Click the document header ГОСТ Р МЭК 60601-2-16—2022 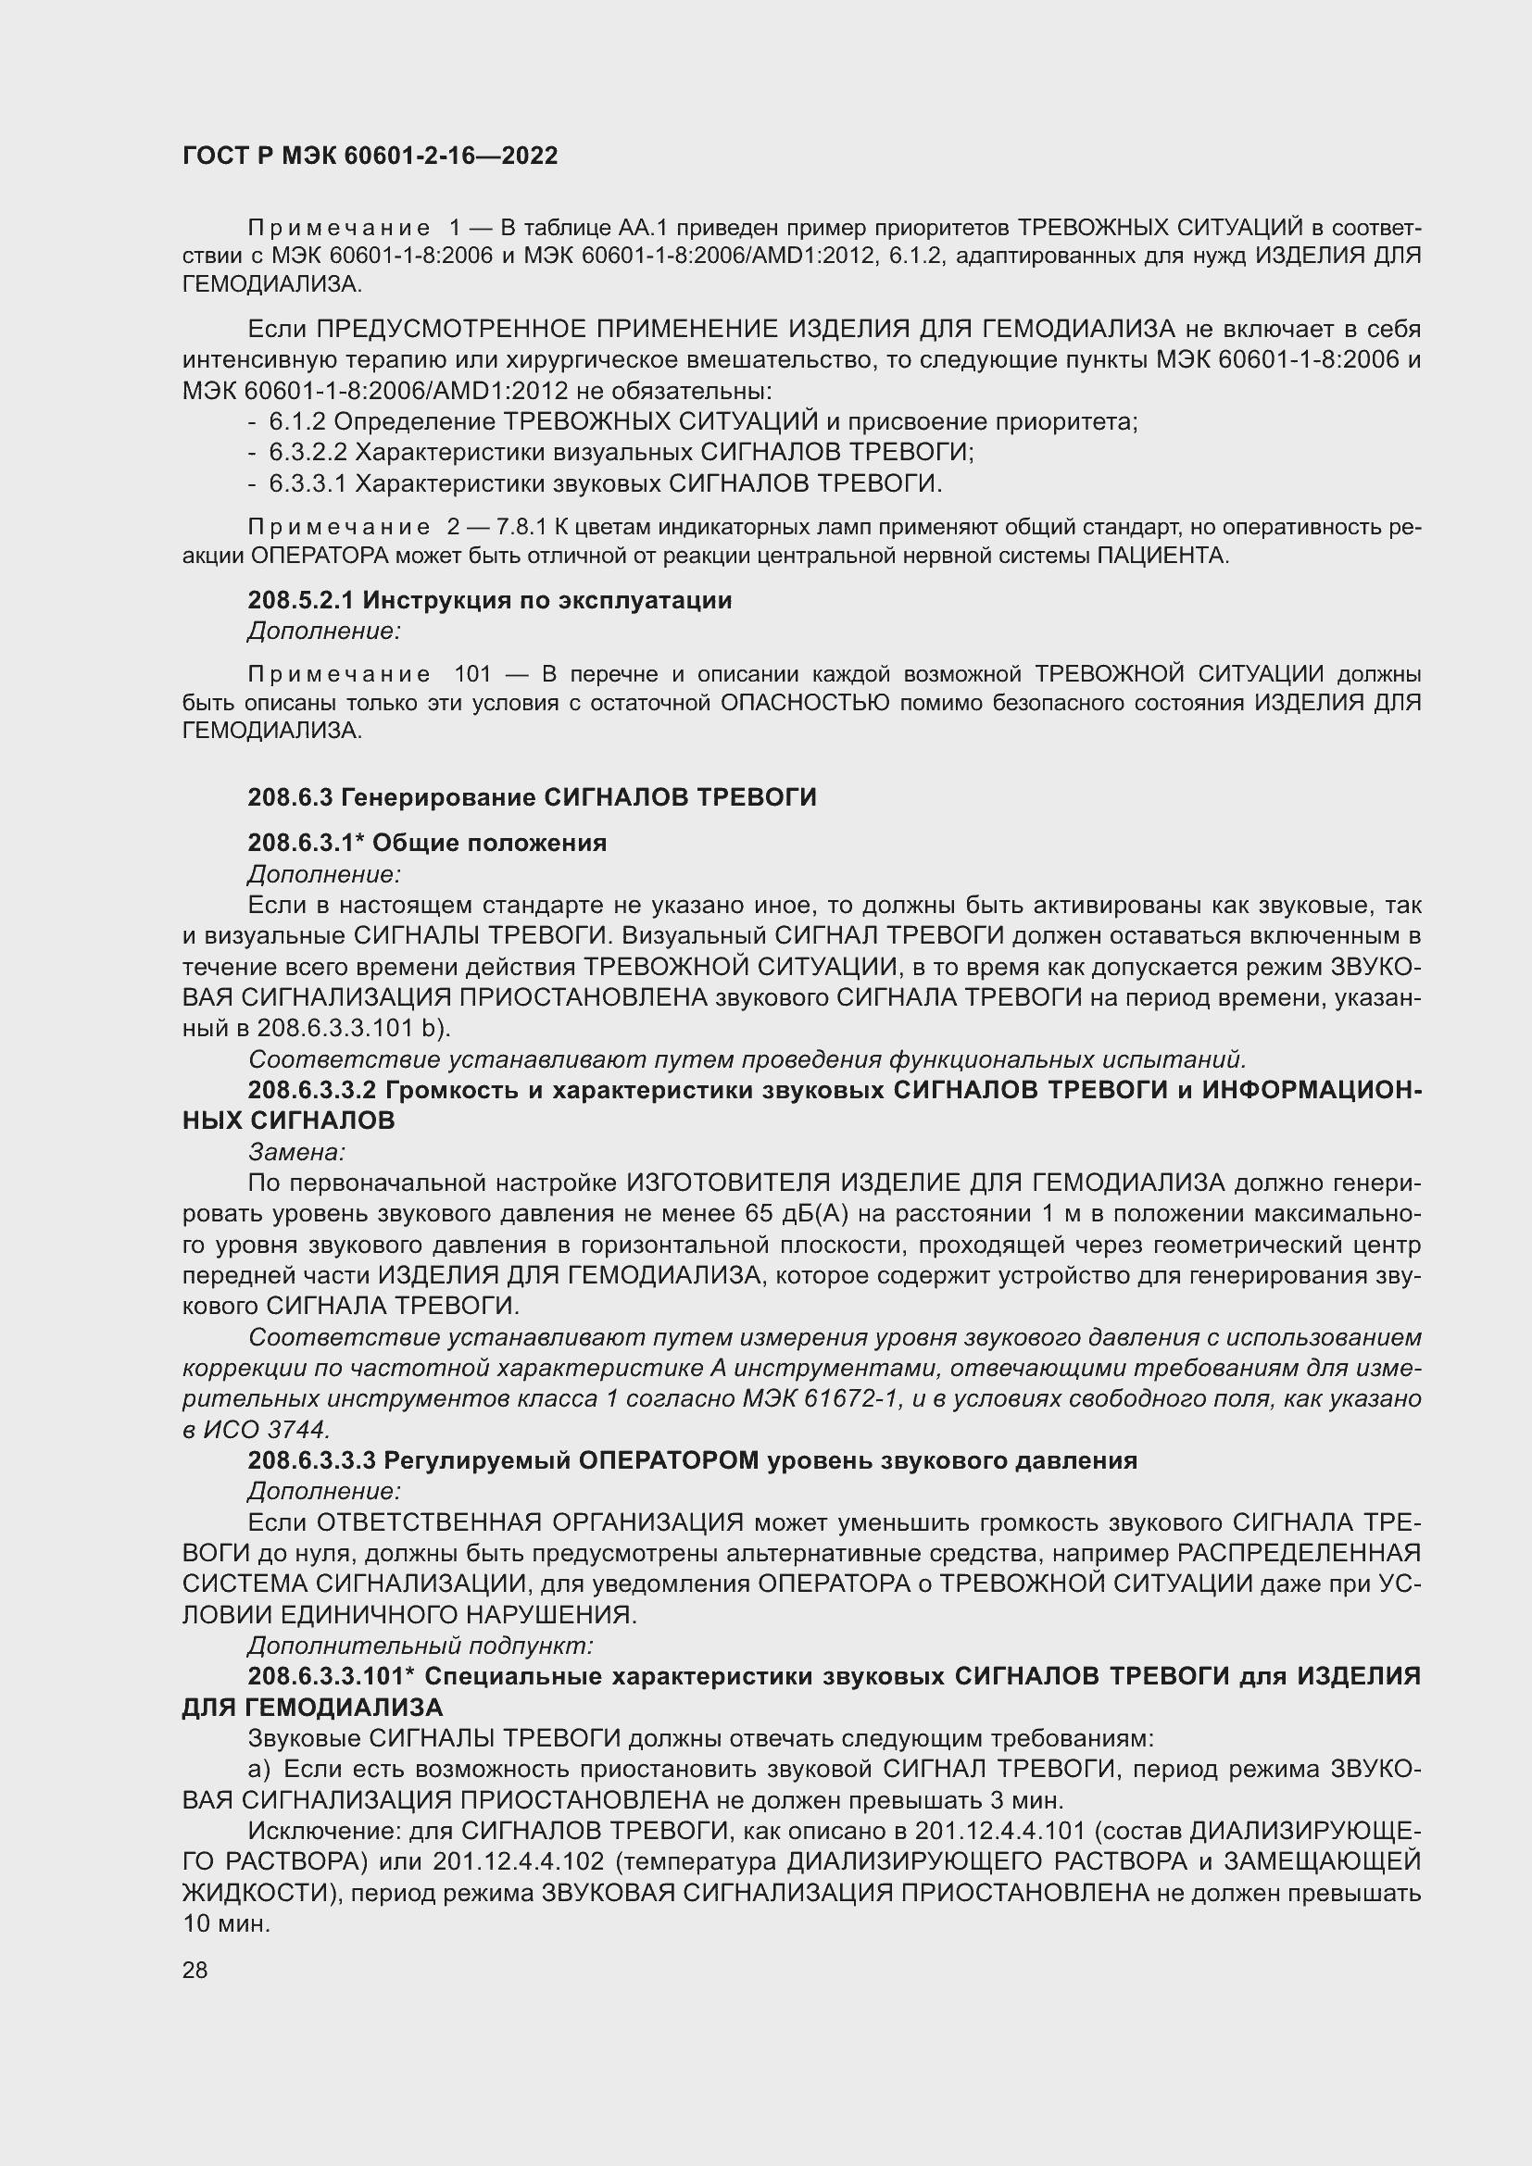pos(370,156)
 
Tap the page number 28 pos(195,1970)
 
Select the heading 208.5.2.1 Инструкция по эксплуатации pos(490,600)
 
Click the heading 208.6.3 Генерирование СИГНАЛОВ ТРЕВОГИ pos(532,797)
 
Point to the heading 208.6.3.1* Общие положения pos(427,843)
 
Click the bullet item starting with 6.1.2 pos(703,421)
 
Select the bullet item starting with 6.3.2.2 pos(621,452)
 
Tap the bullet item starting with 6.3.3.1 pos(605,484)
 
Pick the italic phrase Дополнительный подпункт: pos(420,1646)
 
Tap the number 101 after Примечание pos(472,673)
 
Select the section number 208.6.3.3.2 pos(312,1090)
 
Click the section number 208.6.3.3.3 pos(312,1460)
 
